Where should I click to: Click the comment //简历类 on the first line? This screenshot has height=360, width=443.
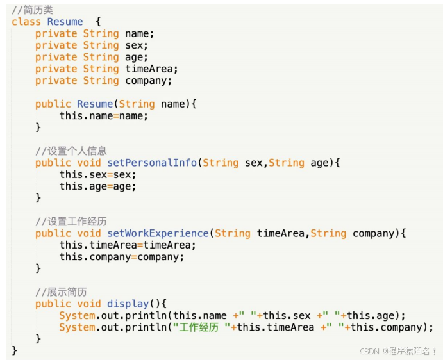[32, 10]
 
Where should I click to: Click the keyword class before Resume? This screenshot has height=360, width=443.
[26, 22]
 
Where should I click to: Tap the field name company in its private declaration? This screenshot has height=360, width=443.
[149, 81]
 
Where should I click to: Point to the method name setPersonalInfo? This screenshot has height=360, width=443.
[152, 163]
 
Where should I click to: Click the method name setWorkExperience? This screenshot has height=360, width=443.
[158, 233]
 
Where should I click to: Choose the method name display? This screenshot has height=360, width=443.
[128, 304]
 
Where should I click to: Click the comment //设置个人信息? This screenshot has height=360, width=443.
[71, 151]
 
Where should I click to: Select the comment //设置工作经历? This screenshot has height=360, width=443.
[71, 222]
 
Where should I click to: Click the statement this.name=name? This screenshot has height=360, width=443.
[104, 116]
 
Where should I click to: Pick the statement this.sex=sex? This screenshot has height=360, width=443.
[97, 174]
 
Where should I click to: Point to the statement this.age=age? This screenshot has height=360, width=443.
[97, 186]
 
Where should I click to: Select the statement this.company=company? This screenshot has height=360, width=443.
[122, 257]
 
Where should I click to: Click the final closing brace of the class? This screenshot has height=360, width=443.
[15, 350]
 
